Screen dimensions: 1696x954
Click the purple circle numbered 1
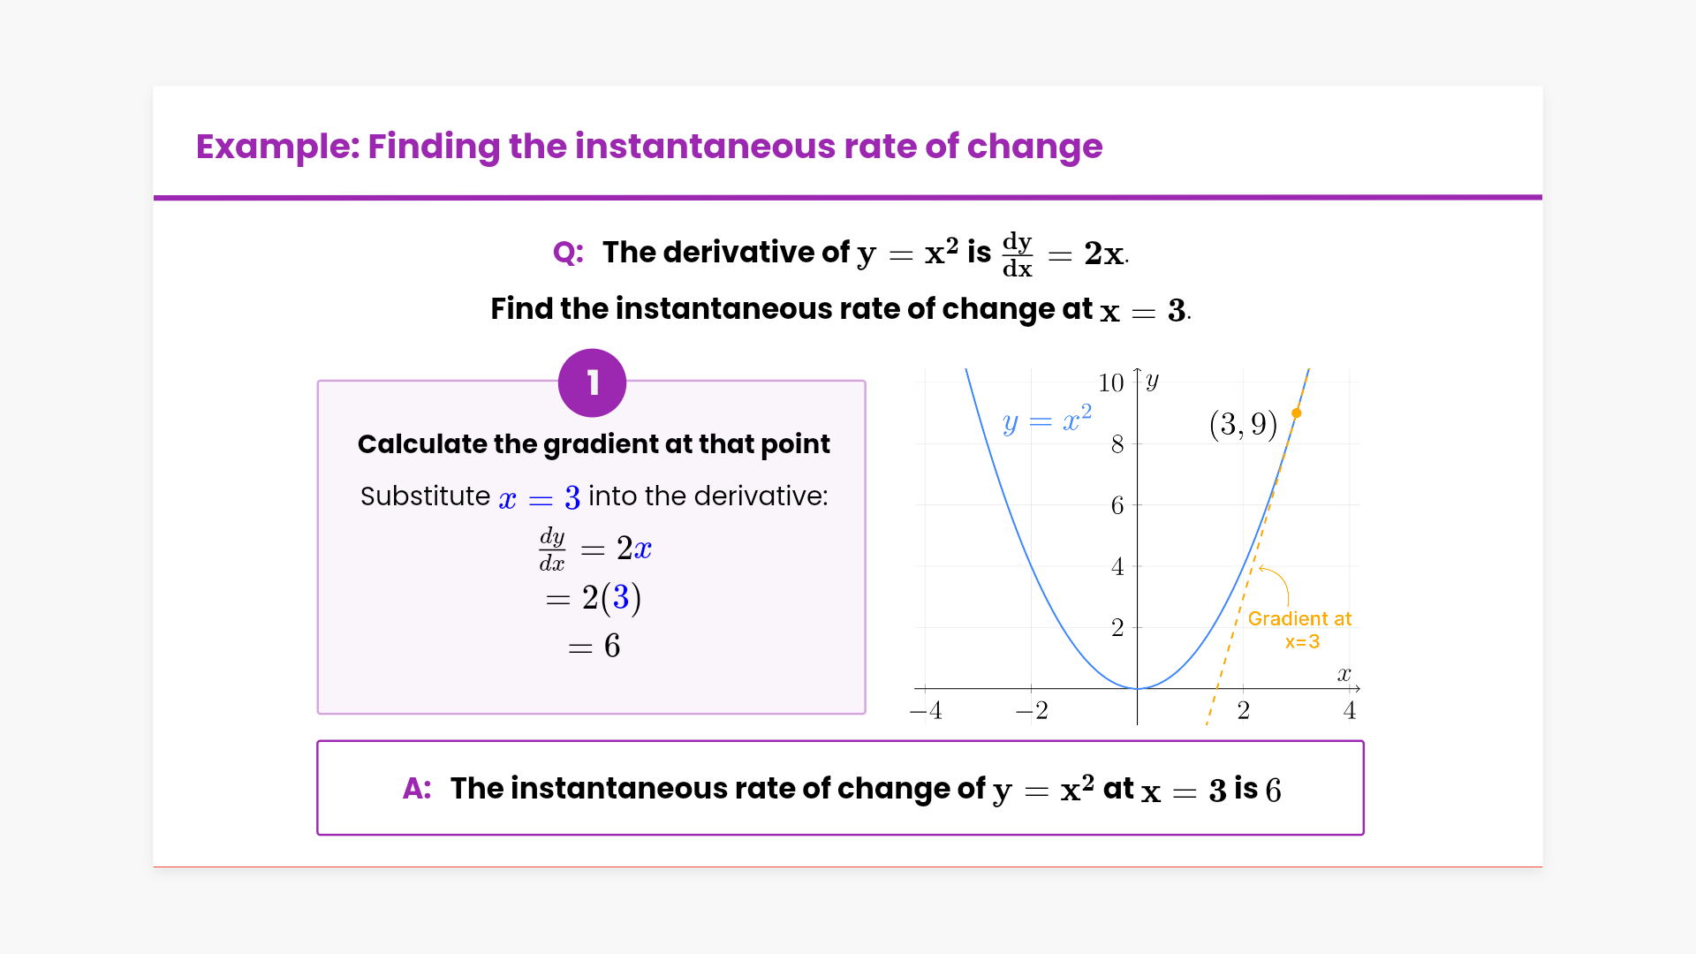[592, 383]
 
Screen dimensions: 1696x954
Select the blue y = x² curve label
[1048, 420]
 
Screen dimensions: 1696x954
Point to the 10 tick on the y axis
[1111, 382]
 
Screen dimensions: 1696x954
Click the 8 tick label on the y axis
[1117, 444]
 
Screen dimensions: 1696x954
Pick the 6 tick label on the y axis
[1117, 505]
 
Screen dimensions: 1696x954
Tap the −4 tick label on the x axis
[926, 710]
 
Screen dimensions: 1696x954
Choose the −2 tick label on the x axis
[1032, 710]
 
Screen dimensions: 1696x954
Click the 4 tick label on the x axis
[1350, 710]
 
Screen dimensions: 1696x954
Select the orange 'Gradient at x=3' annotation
[1300, 630]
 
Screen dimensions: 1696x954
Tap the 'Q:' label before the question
[568, 253]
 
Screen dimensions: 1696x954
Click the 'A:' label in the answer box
[417, 788]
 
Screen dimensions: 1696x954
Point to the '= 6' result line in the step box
[594, 647]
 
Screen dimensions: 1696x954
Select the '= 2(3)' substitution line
[594, 598]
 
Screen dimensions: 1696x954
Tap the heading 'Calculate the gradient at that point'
[594, 443]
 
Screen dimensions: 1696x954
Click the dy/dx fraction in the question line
[1018, 254]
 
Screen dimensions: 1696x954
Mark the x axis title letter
[1344, 675]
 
